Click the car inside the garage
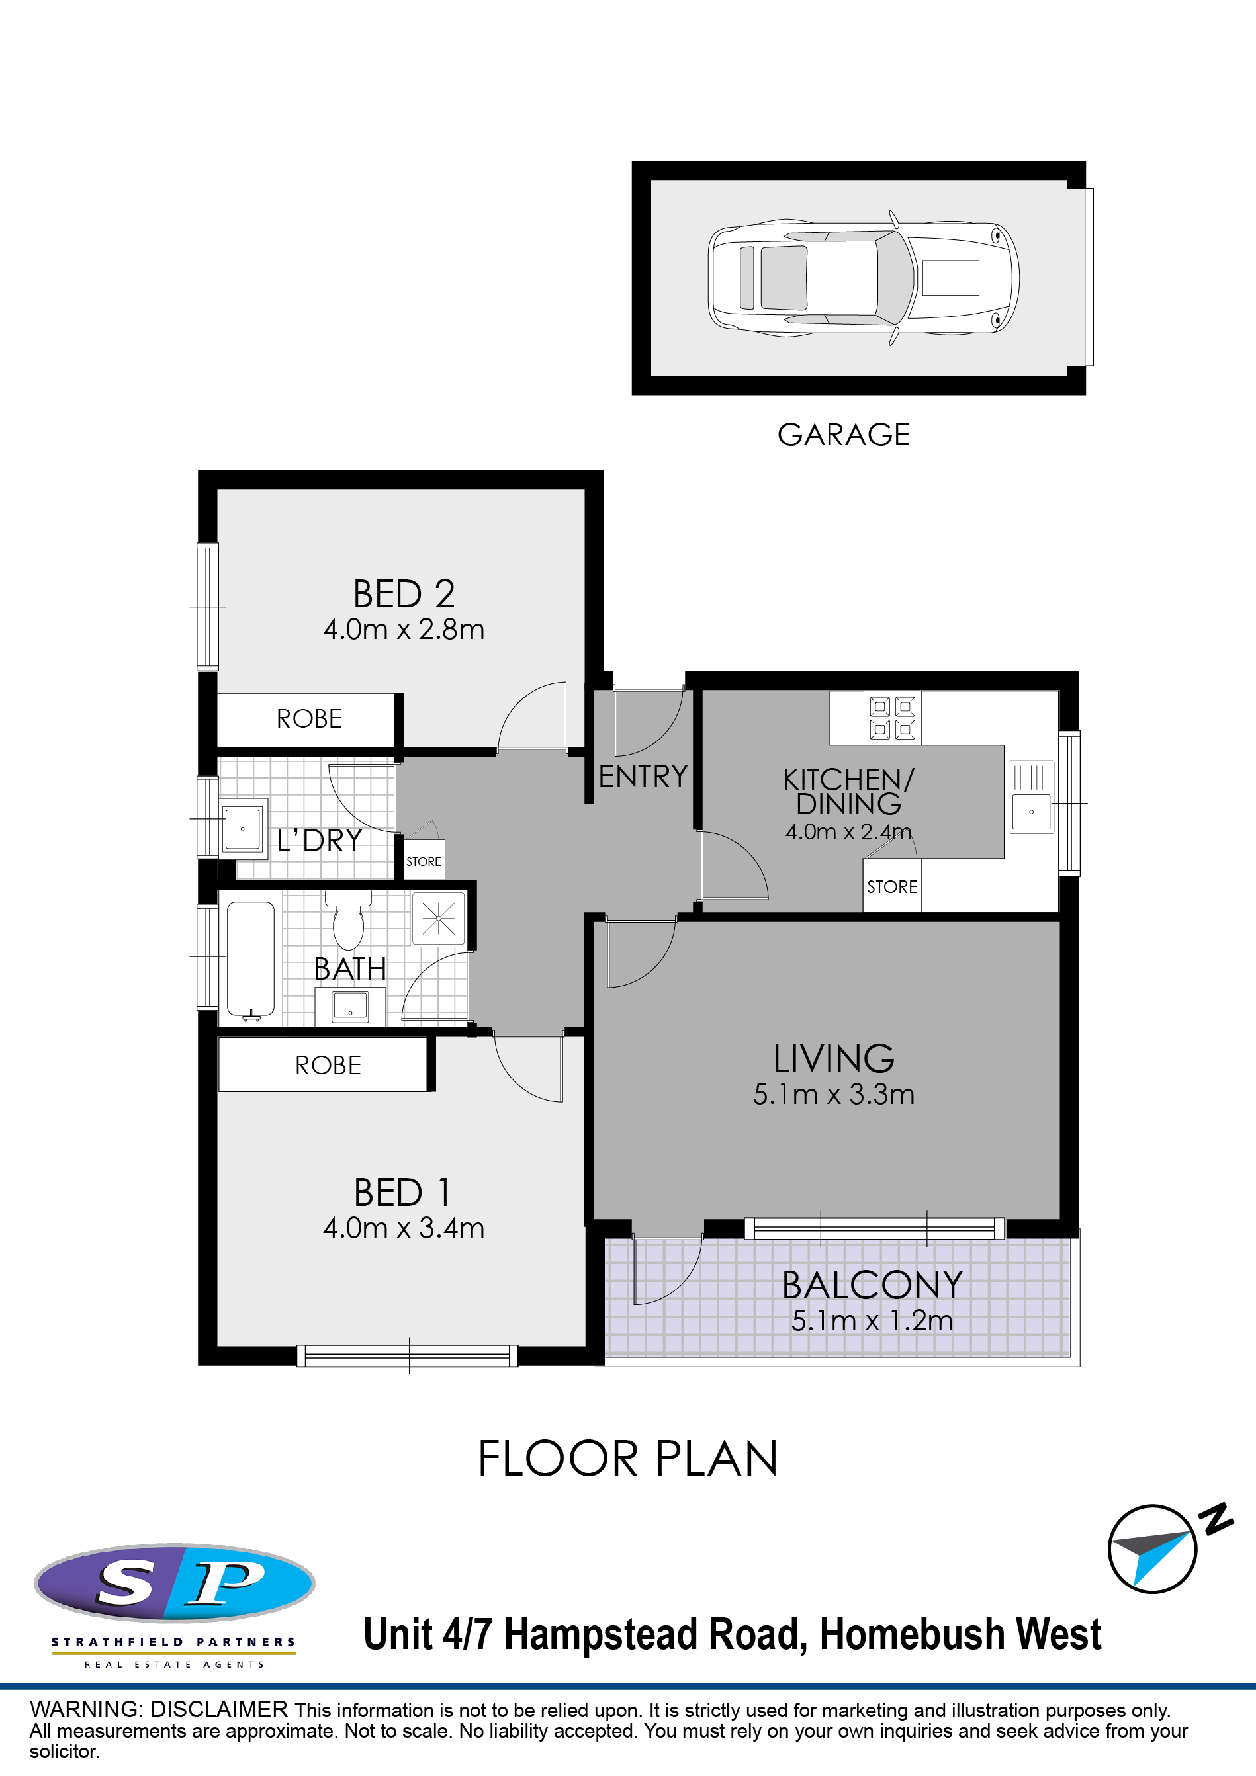pyautogui.click(x=863, y=278)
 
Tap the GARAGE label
pyautogui.click(x=844, y=435)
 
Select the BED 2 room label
pyautogui.click(x=404, y=594)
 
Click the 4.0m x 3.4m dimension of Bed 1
pyautogui.click(x=404, y=1228)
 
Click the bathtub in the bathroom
pyautogui.click(x=251, y=960)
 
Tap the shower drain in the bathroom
pyautogui.click(x=439, y=918)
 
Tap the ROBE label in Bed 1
pyautogui.click(x=328, y=1065)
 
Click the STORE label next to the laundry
pyautogui.click(x=424, y=862)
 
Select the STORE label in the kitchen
pyautogui.click(x=892, y=887)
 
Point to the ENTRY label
pyautogui.click(x=643, y=777)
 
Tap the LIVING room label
pyautogui.click(x=833, y=1059)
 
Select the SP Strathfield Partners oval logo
pyautogui.click(x=174, y=1584)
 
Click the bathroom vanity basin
pyautogui.click(x=350, y=1006)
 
